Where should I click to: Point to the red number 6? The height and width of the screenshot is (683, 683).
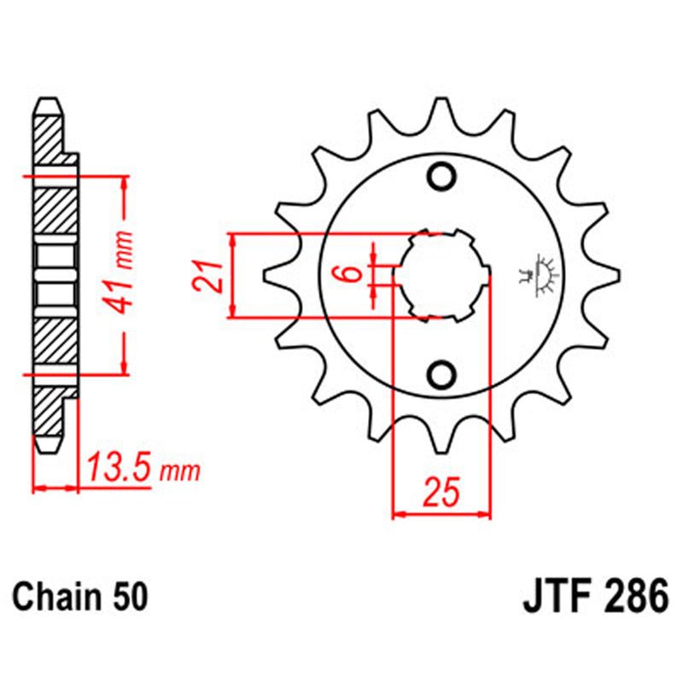pos(347,275)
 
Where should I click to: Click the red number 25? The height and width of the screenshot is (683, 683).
pos(441,493)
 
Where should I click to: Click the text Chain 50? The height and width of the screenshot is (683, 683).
pos(79,595)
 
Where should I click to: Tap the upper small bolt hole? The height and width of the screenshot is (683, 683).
pos(442,177)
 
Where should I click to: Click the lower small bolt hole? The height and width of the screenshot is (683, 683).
pos(442,374)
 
